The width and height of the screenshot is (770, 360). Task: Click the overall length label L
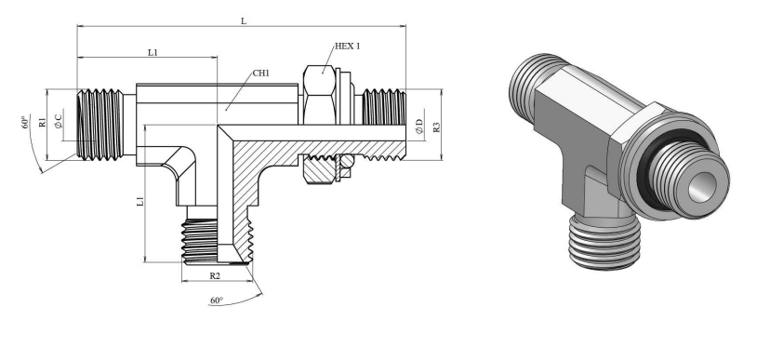point(243,20)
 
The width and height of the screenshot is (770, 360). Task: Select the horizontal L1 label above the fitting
point(153,52)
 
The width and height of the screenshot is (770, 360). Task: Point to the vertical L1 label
point(140,201)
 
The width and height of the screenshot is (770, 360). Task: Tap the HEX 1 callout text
point(347,47)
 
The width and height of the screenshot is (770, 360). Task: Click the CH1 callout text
point(261,73)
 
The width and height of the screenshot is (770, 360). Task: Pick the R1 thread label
point(43,122)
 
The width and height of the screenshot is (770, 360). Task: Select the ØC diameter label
point(59,121)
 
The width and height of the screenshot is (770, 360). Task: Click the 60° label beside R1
point(26,122)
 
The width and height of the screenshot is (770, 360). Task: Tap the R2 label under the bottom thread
point(215,275)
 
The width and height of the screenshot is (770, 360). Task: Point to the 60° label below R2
point(217,300)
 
